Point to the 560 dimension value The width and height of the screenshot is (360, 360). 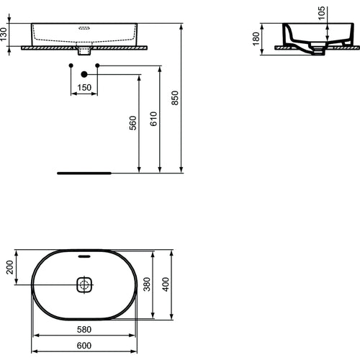133,123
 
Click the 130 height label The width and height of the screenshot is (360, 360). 5,35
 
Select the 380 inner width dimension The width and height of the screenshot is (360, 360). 148,285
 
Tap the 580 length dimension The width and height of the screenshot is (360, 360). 84,329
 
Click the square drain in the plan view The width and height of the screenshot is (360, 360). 84,285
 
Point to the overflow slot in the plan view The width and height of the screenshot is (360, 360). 84,256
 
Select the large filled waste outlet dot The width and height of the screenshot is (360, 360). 84,74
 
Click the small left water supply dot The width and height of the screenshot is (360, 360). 70,66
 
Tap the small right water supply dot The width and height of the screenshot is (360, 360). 98,66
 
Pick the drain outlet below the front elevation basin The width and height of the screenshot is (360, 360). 84,51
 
